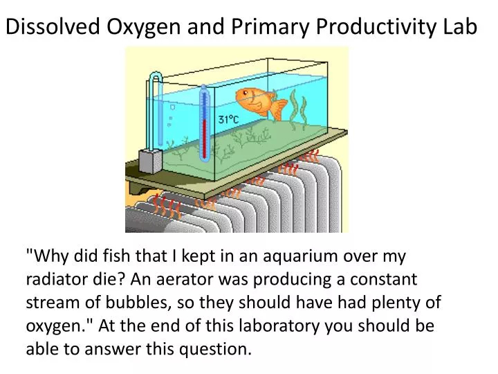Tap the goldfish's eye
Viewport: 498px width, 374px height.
(x=246, y=93)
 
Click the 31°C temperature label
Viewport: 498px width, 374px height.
(x=228, y=120)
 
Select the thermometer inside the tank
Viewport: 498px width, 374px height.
(x=203, y=123)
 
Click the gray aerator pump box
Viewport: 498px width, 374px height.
(x=149, y=161)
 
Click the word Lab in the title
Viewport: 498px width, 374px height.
(x=461, y=26)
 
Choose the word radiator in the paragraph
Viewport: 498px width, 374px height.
(x=53, y=279)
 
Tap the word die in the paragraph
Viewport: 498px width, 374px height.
(x=103, y=279)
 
